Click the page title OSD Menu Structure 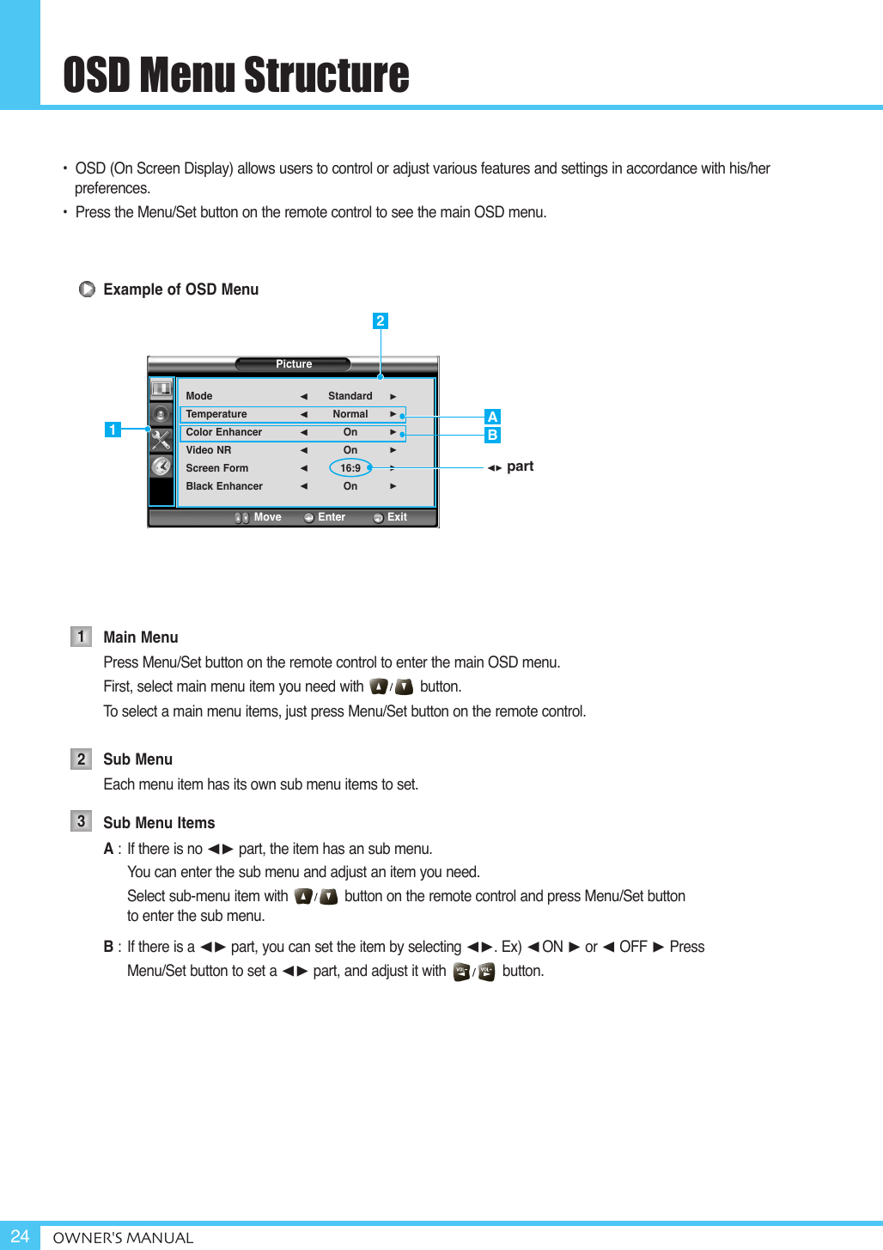tap(236, 75)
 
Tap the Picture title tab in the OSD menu tap(293, 364)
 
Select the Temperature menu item tap(216, 414)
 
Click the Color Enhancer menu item tap(224, 432)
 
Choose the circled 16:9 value tap(350, 468)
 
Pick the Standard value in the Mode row tap(350, 396)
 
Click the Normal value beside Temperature tap(350, 414)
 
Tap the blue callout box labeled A tap(492, 417)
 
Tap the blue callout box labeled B tap(492, 435)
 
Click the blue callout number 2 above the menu tap(380, 321)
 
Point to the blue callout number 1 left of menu tap(113, 430)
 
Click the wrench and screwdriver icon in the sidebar tap(161, 440)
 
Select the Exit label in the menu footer tap(397, 517)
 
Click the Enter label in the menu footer tap(332, 517)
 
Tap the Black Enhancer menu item tap(224, 486)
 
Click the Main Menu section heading tap(141, 637)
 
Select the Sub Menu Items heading tap(159, 823)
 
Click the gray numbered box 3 tap(81, 821)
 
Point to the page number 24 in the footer tap(20, 1236)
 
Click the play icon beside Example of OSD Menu tap(87, 290)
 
